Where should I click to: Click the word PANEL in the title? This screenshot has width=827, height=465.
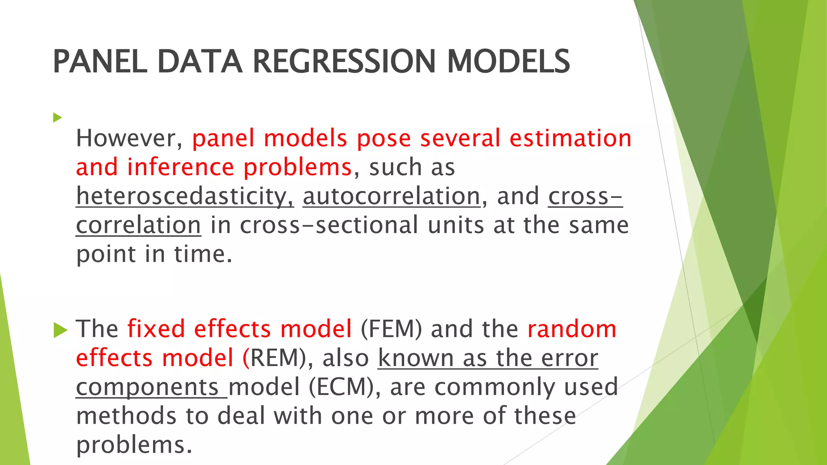(100, 61)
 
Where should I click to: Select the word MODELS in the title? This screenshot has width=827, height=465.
(508, 61)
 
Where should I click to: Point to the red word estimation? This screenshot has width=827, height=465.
(570, 138)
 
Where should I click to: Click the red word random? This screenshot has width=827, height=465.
(572, 329)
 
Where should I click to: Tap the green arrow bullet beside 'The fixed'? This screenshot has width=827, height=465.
(60, 330)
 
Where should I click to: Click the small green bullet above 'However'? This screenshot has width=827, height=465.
(57, 118)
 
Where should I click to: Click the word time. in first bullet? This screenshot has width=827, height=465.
(203, 254)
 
